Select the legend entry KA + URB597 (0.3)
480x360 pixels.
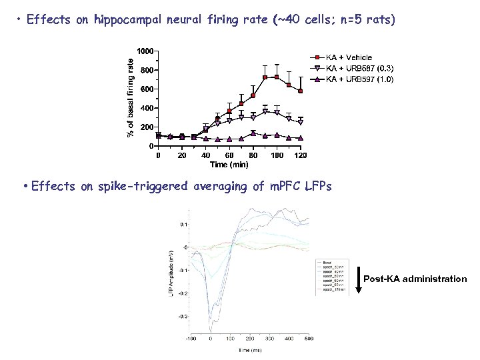359,68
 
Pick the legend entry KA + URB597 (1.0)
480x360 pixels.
359,79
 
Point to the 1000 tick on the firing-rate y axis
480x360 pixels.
145,51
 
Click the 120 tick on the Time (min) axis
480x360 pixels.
301,155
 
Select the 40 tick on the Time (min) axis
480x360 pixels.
205,155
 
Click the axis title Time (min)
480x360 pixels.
229,164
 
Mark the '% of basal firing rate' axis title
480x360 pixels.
131,96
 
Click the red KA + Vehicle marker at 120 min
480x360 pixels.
301,91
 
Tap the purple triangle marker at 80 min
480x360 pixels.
253,133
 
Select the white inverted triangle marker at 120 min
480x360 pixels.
301,123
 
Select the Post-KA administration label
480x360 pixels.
416,279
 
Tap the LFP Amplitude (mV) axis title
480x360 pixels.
171,273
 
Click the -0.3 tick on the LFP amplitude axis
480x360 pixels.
182,316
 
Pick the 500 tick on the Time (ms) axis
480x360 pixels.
309,339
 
